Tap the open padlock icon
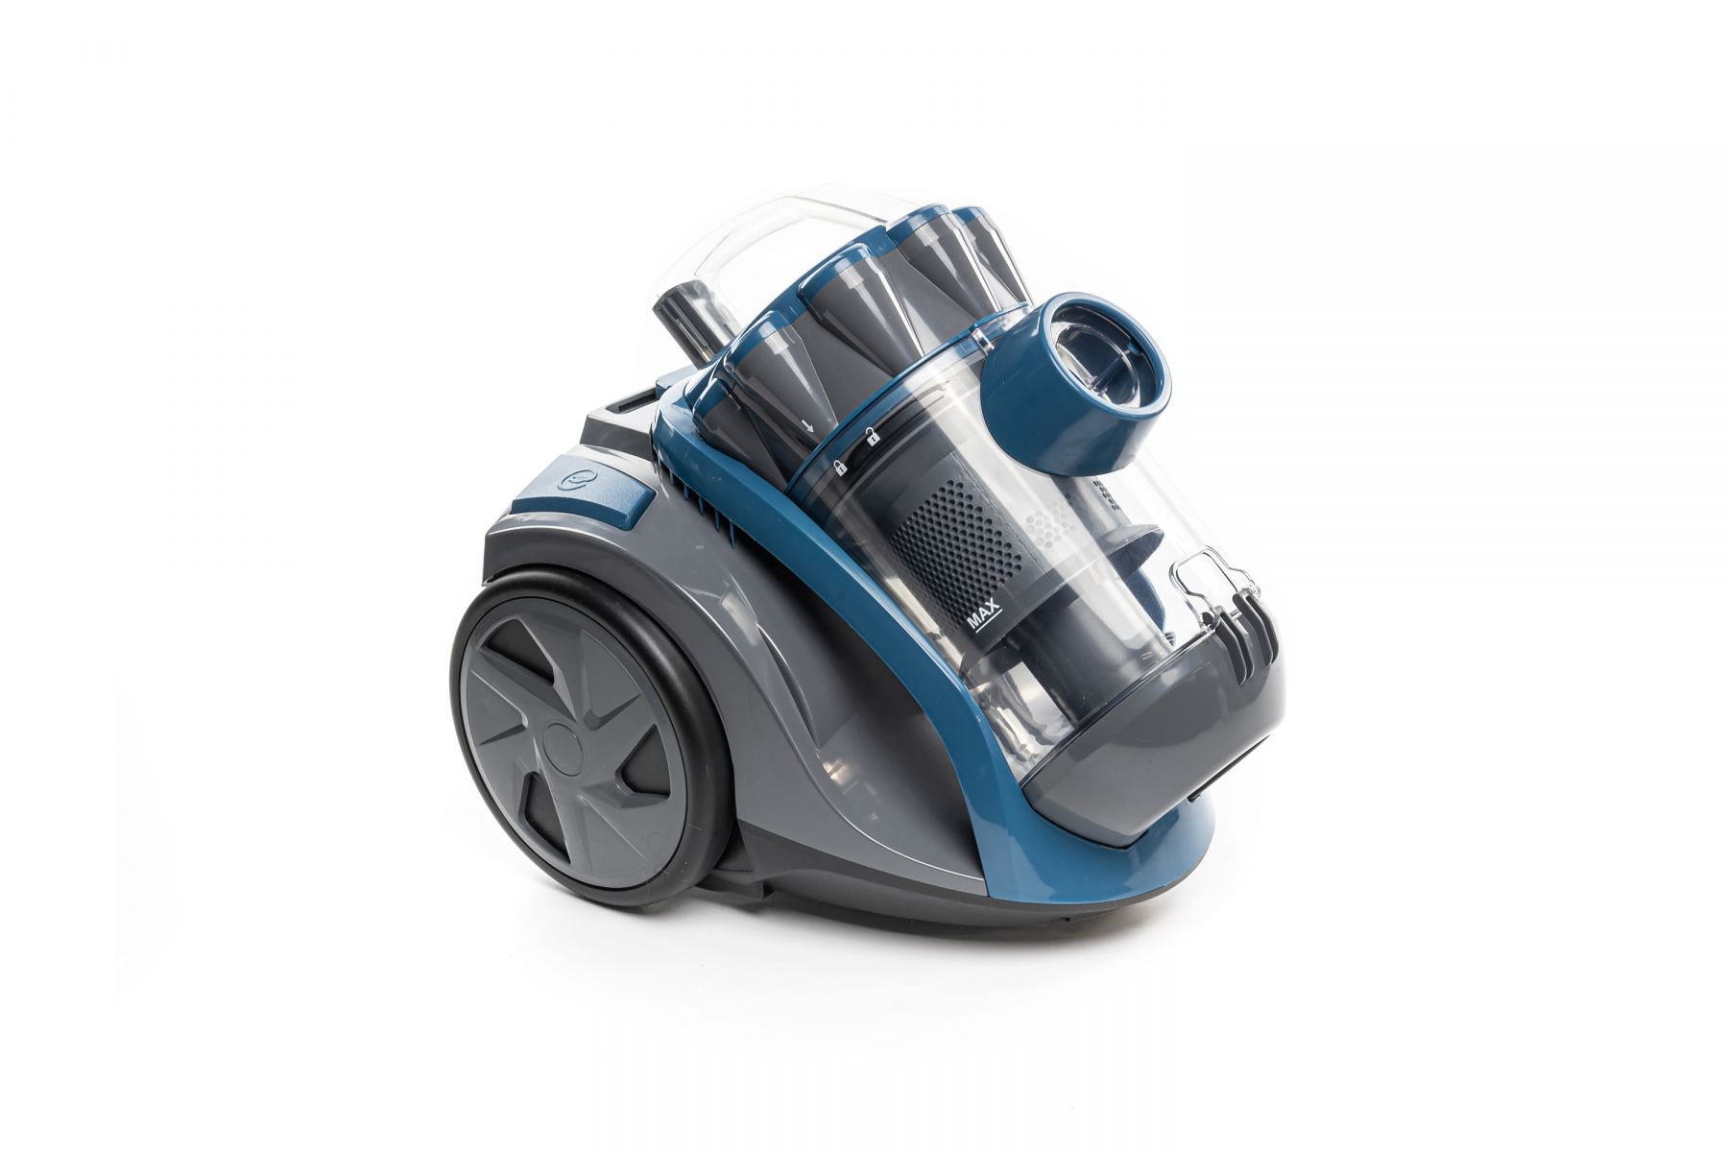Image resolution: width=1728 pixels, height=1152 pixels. click(873, 438)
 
